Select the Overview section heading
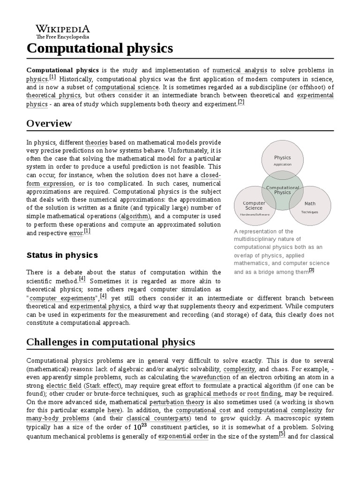(x=49, y=123)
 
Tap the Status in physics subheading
(x=62, y=255)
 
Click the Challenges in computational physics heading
(x=111, y=342)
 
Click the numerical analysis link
(x=240, y=70)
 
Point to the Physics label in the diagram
(x=283, y=158)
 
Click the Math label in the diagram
(x=310, y=204)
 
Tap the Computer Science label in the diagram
(x=255, y=206)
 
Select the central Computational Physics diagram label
(x=283, y=190)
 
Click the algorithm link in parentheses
(x=135, y=216)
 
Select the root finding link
(x=264, y=394)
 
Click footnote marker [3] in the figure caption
(x=311, y=270)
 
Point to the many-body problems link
(x=58, y=419)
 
